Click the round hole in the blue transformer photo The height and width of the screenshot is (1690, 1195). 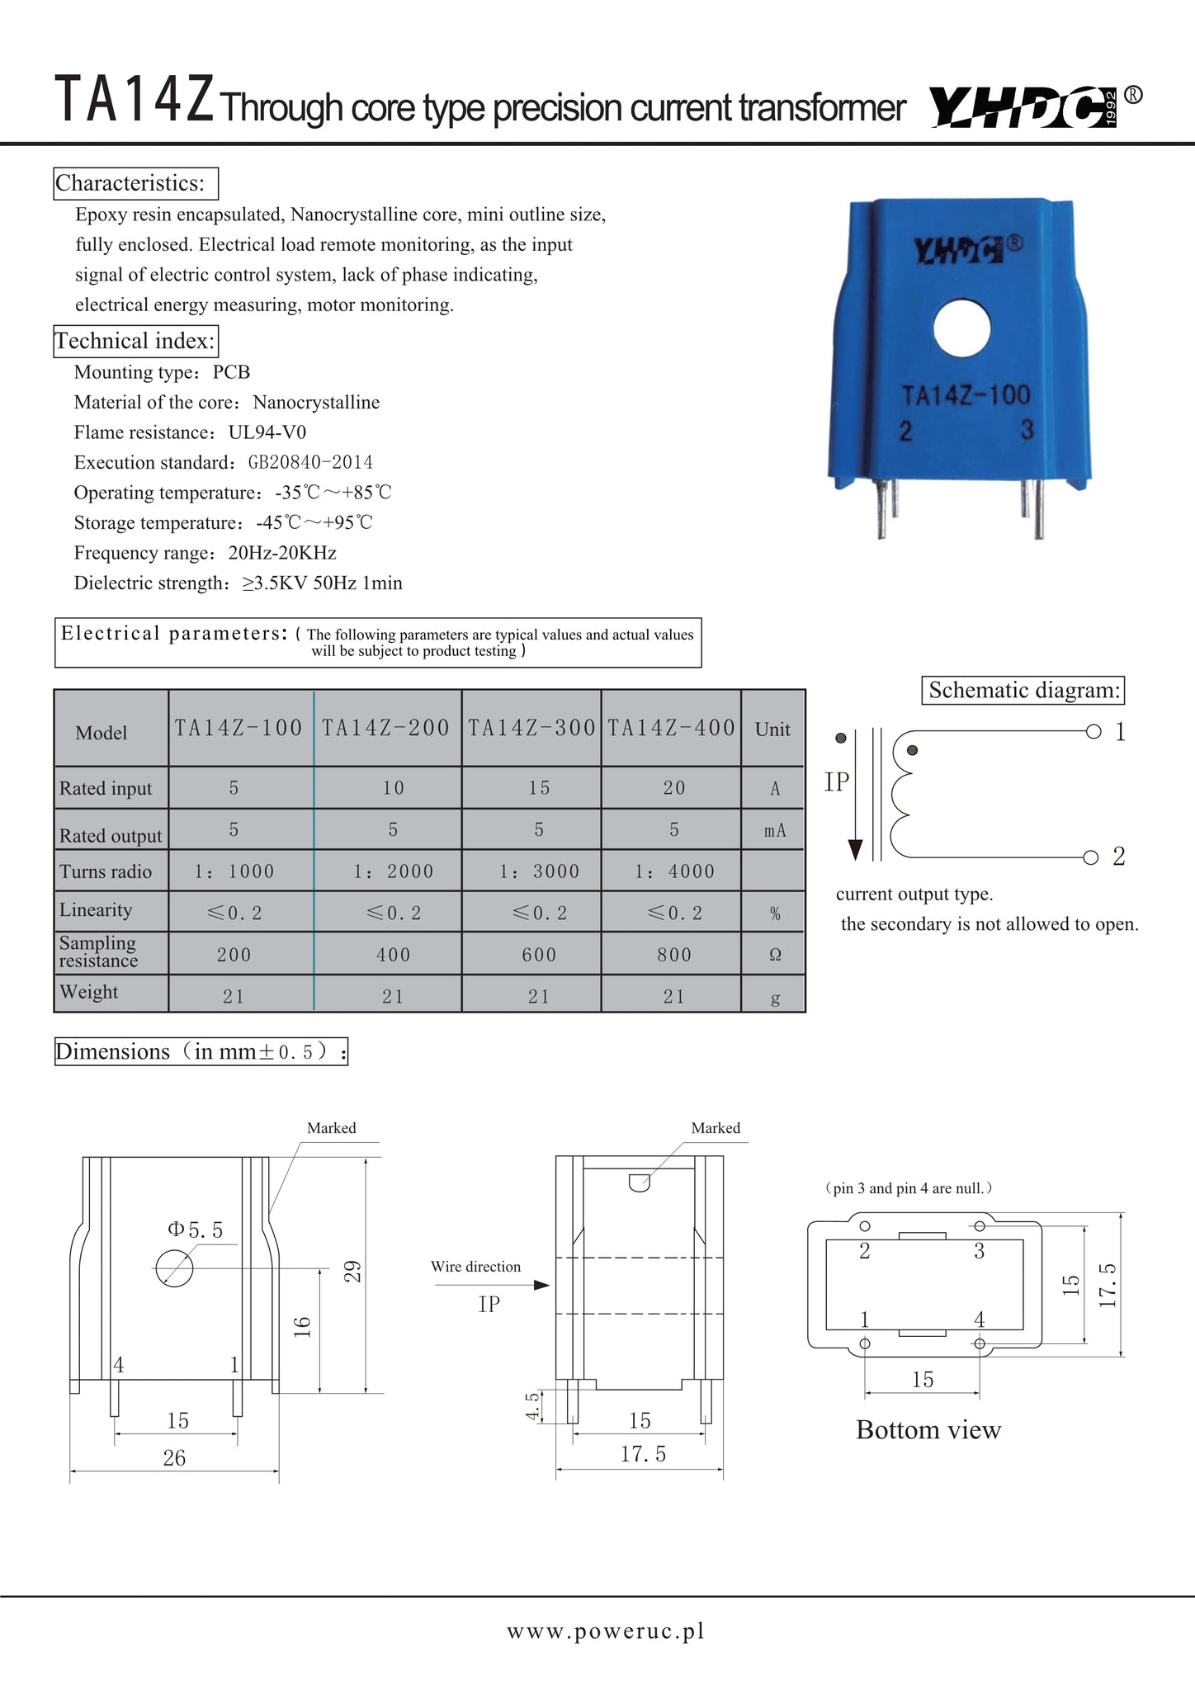pos(961,328)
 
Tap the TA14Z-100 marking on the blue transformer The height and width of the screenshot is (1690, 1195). pos(966,395)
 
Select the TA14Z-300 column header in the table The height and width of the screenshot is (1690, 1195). pos(531,728)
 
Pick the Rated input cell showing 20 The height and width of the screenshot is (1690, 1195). pos(673,788)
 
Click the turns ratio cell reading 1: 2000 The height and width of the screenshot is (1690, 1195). pos(393,871)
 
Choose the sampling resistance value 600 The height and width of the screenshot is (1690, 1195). pos(538,955)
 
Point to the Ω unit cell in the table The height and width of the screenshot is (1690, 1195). pos(774,955)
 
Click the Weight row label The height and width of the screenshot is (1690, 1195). pos(89,993)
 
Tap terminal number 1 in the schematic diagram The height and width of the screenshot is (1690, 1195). pos(1120,732)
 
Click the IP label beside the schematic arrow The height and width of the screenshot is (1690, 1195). pos(837,781)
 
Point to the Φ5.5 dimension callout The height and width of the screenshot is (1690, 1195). pos(196,1230)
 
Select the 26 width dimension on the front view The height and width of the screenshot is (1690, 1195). pos(174,1458)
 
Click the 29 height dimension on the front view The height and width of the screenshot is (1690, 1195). pos(352,1272)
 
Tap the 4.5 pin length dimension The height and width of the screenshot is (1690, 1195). pos(533,1406)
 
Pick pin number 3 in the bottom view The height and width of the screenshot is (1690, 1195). pos(979,1251)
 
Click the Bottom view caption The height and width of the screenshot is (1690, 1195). pos(928,1430)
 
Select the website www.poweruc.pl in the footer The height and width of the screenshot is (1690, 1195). pos(606,1631)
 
